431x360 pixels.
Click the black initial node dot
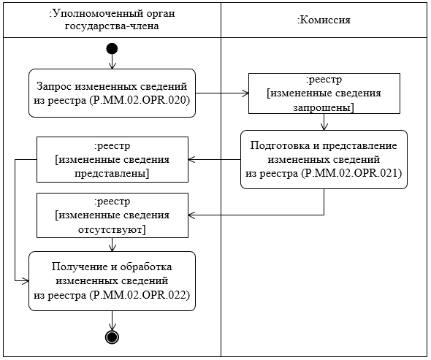[111, 49]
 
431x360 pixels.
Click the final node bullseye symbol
[111, 337]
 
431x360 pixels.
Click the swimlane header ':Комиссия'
[324, 20]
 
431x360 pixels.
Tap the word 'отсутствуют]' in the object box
[112, 229]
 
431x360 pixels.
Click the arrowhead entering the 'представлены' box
[192, 158]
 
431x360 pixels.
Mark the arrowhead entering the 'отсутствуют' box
[192, 215]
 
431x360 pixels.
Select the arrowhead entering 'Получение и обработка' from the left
[26, 280]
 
